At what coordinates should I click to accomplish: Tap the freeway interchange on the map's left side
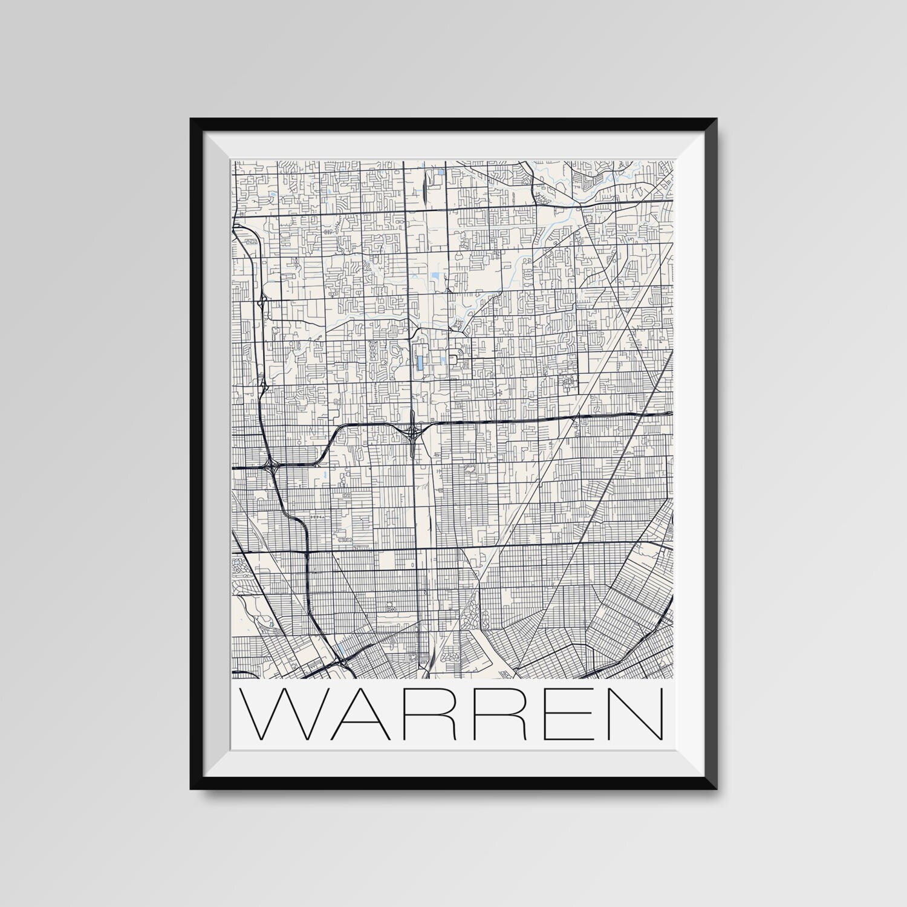268,466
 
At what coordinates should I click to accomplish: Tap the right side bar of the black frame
712,453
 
